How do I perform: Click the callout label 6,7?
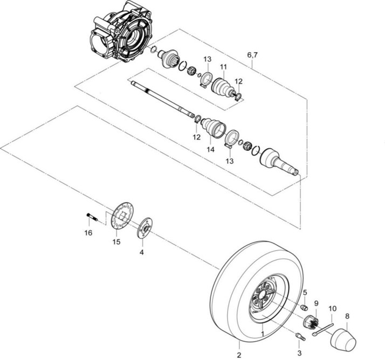click(252, 55)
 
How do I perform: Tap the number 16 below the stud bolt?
click(88, 233)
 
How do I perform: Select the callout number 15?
click(116, 242)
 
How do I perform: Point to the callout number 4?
click(142, 252)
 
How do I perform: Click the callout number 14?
click(210, 149)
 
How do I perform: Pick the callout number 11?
click(223, 67)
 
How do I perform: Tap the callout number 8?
click(347, 316)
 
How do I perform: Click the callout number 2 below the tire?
click(239, 355)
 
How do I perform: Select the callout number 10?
click(332, 309)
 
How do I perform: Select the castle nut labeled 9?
click(311, 322)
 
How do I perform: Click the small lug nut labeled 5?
click(305, 307)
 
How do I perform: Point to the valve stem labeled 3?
click(300, 336)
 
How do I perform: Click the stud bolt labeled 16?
click(92, 217)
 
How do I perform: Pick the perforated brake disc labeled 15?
click(122, 216)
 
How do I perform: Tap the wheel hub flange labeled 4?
click(145, 228)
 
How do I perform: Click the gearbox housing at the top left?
click(121, 31)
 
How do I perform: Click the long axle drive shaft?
click(162, 99)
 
